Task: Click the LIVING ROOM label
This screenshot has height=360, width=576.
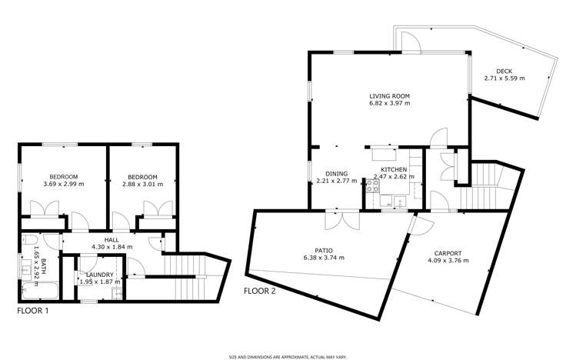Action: pos(389,97)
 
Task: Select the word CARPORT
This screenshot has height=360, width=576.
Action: pos(447,252)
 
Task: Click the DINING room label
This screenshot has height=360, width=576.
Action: pos(336,174)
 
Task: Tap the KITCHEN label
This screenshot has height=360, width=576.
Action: pos(394,169)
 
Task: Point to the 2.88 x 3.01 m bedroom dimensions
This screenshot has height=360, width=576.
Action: pos(143,184)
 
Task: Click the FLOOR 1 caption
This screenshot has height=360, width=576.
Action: pos(33,311)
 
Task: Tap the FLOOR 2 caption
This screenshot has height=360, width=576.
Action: pos(260,291)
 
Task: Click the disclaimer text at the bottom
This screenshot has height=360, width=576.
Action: pos(288,356)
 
